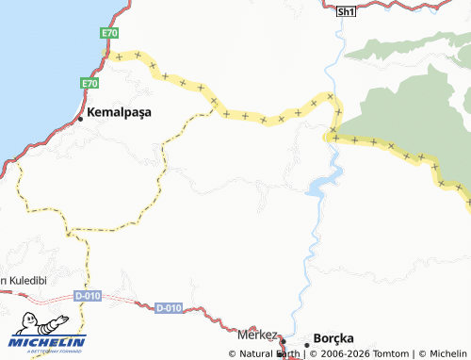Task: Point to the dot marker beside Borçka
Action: pos(307,344)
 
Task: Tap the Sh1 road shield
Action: pos(347,10)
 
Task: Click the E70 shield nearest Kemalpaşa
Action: pos(89,84)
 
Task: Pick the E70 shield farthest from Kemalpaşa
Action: pos(110,33)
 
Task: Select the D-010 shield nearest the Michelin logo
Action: pos(88,296)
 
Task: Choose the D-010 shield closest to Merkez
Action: pos(168,308)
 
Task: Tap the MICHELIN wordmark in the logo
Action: pos(49,341)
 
